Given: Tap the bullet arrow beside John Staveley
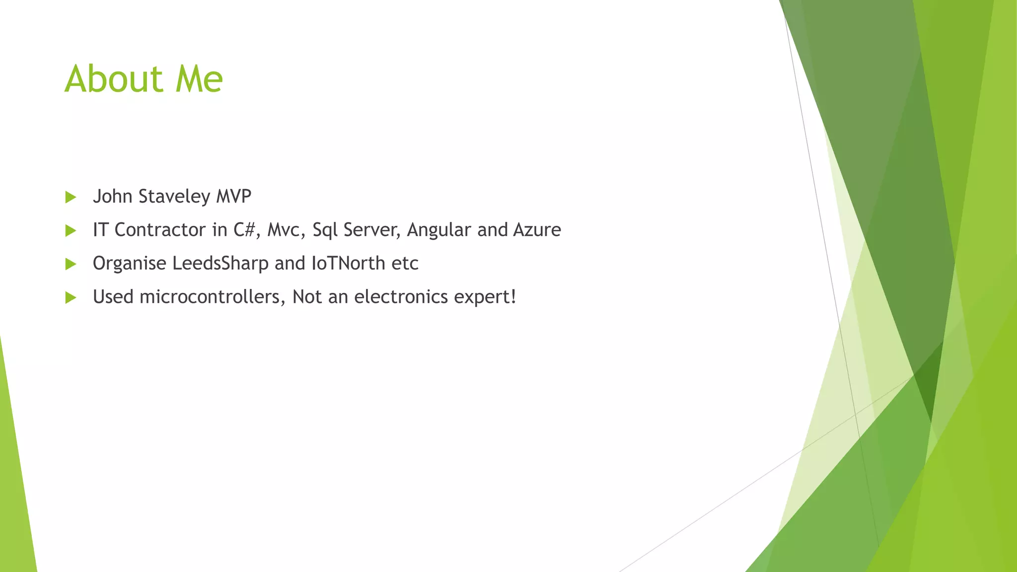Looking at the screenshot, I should coord(71,197).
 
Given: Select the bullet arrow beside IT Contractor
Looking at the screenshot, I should coord(71,230).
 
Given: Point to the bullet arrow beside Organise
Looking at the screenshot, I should coord(71,264).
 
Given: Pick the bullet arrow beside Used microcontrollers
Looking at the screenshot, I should coord(71,297).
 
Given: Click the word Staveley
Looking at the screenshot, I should coord(174,197).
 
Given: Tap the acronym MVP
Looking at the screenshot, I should coord(233,196).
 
